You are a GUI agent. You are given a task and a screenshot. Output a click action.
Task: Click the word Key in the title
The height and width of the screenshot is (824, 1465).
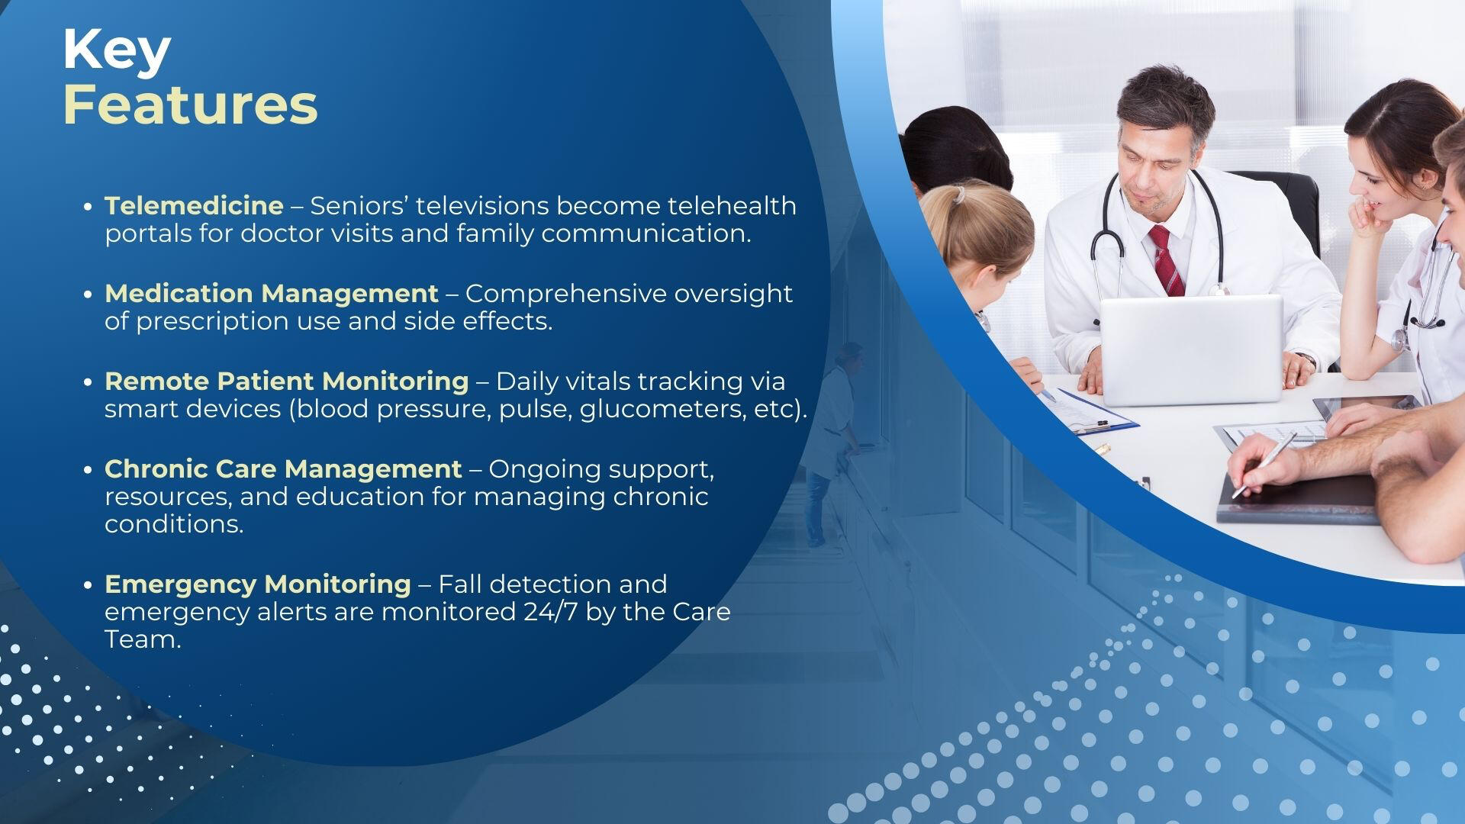coord(117,51)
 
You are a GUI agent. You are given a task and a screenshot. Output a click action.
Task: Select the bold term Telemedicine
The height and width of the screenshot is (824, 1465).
coord(194,205)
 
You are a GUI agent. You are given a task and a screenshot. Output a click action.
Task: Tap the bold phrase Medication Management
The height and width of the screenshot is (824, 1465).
coord(272,294)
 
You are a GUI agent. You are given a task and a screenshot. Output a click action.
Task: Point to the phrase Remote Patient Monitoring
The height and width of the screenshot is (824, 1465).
coord(287,381)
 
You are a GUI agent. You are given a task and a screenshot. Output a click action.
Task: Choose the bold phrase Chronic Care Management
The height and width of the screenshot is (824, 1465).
coord(283,468)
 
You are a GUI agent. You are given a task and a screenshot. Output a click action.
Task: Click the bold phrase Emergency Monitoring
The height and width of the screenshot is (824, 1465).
coord(258,584)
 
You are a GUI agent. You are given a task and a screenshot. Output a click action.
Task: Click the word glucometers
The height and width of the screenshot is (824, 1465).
coord(661,410)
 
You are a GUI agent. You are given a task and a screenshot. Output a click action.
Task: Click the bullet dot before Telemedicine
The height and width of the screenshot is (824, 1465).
coord(89,207)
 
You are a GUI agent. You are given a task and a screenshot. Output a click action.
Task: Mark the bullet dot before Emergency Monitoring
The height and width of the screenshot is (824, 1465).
coord(89,585)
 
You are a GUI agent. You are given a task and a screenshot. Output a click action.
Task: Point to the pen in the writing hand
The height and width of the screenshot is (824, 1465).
coord(1264,465)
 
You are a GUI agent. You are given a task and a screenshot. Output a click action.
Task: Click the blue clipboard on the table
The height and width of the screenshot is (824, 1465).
coord(1087,412)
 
